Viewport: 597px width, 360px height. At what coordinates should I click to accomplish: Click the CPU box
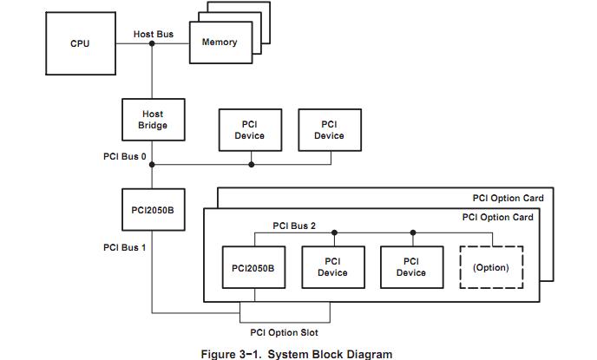[80, 43]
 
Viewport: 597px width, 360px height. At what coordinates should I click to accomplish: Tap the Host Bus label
[153, 34]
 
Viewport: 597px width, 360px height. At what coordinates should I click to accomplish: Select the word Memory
[220, 42]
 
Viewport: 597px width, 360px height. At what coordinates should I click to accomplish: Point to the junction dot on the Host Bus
[153, 43]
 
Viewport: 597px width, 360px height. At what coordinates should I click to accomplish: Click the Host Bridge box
[153, 120]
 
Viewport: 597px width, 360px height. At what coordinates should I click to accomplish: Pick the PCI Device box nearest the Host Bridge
[250, 130]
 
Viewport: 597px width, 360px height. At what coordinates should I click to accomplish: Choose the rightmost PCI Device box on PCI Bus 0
[329, 130]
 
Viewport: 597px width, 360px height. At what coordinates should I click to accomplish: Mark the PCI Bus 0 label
[125, 156]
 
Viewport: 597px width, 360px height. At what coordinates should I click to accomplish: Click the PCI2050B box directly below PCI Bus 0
[153, 210]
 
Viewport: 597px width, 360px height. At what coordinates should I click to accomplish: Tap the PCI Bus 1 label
[125, 247]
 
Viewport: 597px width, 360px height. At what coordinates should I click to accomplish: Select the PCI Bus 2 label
[294, 226]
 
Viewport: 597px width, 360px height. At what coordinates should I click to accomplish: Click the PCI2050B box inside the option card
[253, 267]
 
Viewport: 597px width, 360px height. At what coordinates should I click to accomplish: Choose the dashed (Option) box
[490, 267]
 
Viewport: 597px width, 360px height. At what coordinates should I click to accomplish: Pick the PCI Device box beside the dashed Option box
[411, 267]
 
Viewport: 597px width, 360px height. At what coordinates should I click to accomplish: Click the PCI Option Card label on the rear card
[508, 198]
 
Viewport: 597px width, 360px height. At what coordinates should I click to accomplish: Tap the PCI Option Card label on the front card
[496, 217]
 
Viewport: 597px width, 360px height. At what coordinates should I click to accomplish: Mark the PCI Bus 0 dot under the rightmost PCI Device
[330, 165]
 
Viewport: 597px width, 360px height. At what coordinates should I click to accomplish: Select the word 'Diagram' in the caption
[368, 353]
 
